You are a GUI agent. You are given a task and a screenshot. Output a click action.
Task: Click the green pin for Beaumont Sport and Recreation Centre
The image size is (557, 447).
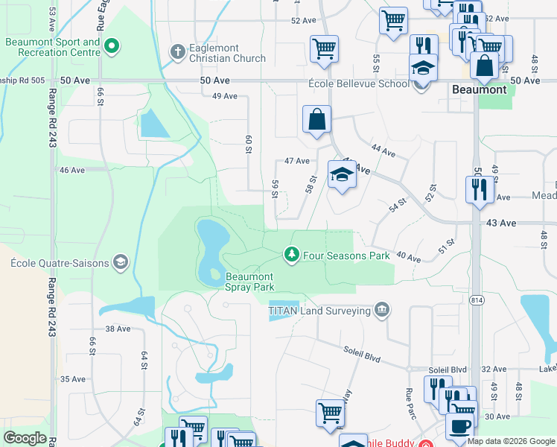[112, 47]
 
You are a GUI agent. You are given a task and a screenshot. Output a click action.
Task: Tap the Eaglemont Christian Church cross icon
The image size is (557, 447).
[177, 51]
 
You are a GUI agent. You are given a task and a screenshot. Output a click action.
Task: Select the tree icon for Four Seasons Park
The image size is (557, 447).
[292, 256]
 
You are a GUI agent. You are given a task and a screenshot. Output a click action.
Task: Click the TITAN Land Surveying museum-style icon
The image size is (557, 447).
[381, 310]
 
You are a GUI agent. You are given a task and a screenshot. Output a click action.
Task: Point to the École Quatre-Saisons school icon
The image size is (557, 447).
[120, 262]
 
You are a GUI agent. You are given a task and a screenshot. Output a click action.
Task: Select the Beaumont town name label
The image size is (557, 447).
[480, 89]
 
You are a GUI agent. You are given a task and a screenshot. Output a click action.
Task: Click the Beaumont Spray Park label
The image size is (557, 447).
[250, 282]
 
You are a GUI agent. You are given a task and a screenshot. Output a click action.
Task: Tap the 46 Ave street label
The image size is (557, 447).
[72, 170]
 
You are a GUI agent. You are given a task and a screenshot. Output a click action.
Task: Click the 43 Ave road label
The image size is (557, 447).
[501, 223]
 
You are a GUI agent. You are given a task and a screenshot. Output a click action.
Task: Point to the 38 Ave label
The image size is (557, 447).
[118, 329]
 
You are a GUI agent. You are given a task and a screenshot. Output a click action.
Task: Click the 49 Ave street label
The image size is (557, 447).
[224, 96]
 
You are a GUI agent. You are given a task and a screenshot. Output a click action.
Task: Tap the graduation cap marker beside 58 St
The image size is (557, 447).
[342, 176]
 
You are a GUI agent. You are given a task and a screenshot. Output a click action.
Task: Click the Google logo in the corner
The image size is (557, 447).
[25, 438]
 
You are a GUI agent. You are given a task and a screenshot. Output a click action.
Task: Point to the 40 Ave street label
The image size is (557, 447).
[408, 258]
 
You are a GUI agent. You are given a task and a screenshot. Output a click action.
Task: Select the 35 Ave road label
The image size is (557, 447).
[73, 379]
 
